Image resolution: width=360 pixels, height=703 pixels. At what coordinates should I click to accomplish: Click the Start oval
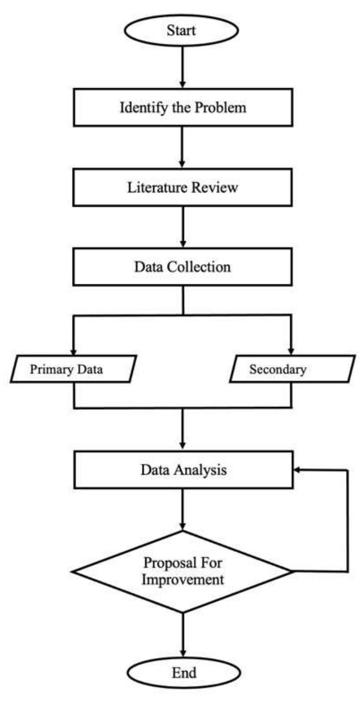pyautogui.click(x=181, y=30)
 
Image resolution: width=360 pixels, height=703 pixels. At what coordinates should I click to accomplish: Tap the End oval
pyautogui.click(x=184, y=673)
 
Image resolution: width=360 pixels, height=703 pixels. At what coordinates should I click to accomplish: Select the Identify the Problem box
pyautogui.click(x=183, y=108)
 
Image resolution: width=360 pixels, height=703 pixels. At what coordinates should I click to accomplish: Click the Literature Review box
pyautogui.click(x=182, y=187)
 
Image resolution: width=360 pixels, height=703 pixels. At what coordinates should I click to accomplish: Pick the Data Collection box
pyautogui.click(x=182, y=267)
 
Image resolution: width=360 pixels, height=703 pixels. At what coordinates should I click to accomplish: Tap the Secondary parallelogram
pyautogui.click(x=292, y=369)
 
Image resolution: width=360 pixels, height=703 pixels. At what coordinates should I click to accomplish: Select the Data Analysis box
pyautogui.click(x=183, y=470)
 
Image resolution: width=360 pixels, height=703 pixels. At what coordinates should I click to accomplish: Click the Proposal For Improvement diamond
pyautogui.click(x=182, y=571)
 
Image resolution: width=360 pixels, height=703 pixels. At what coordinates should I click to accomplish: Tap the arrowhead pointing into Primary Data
pyautogui.click(x=74, y=351)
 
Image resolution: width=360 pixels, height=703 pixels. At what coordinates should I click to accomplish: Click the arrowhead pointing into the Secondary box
pyautogui.click(x=291, y=351)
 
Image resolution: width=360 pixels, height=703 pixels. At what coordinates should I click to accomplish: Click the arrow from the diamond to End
pyautogui.click(x=183, y=634)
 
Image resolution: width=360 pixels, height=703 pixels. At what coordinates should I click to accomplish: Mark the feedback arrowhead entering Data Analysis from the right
pyautogui.click(x=297, y=470)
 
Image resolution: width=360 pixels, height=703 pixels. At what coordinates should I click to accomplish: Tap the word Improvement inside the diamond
pyautogui.click(x=182, y=579)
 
